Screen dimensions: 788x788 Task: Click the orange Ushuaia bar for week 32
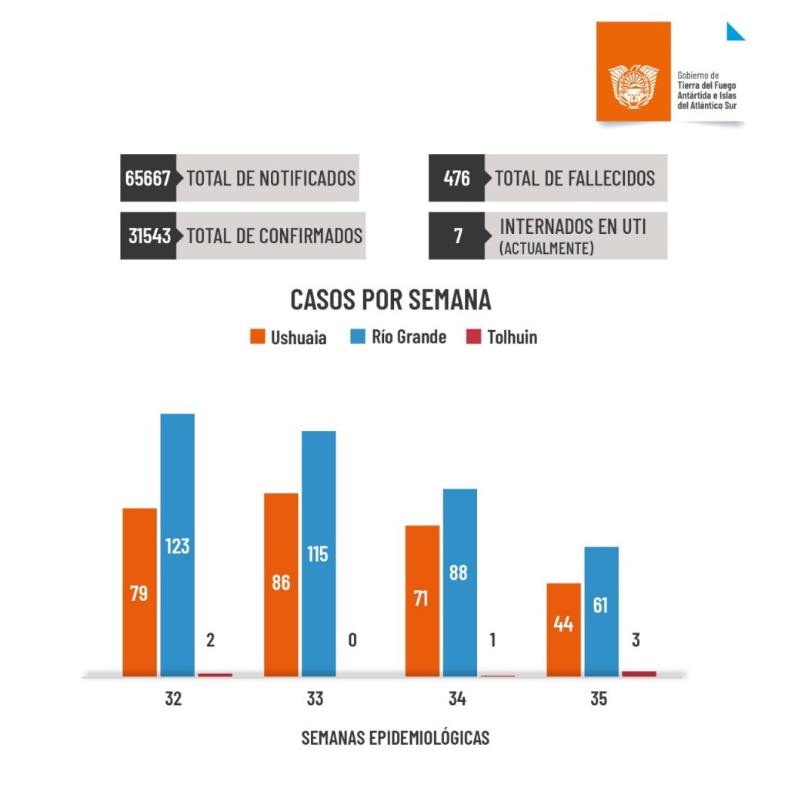139,593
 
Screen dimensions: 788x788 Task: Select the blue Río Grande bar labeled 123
177,546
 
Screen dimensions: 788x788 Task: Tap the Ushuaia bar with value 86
281,585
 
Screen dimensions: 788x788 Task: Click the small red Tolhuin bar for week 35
639,673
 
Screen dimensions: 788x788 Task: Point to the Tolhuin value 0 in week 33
352,640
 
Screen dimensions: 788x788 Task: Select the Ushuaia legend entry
289,337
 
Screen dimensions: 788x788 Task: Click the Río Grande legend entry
398,337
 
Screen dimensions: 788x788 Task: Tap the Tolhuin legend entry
502,337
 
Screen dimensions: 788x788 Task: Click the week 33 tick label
315,700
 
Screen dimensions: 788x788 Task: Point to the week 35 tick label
598,700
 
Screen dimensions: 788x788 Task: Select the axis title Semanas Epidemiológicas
395,737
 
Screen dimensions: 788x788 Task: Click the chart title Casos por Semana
390,299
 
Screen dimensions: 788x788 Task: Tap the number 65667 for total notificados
148,179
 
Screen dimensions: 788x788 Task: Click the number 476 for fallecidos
456,179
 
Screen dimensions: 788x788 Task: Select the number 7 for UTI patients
458,236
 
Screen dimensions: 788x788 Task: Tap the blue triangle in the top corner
734,32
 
